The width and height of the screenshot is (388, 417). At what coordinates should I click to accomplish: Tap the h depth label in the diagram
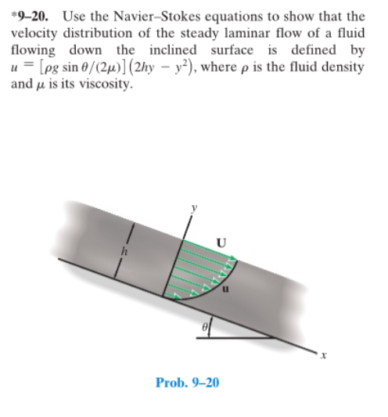tap(123, 251)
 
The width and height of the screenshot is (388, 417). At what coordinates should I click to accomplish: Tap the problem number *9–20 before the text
tap(29, 15)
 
